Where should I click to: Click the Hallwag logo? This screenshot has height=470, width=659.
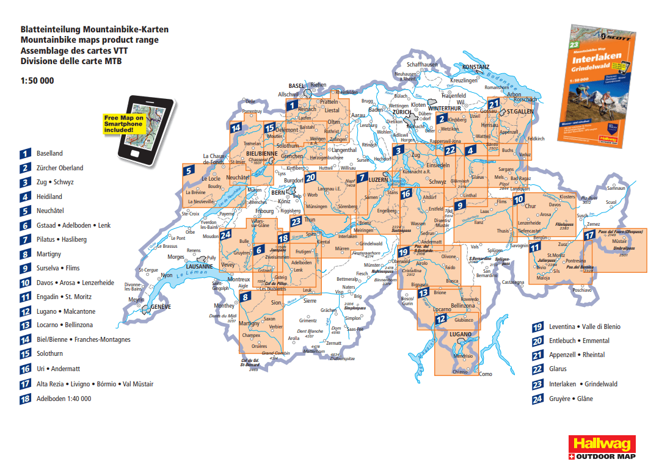pyautogui.click(x=602, y=443)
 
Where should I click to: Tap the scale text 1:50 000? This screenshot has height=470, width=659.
pyautogui.click(x=37, y=81)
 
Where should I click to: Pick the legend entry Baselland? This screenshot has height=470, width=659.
pyautogui.click(x=49, y=154)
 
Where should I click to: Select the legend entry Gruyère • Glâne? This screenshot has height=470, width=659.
pyautogui.click(x=570, y=399)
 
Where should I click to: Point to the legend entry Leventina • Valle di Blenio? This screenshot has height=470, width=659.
pyautogui.click(x=584, y=327)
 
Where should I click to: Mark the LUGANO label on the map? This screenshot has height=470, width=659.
pyautogui.click(x=461, y=334)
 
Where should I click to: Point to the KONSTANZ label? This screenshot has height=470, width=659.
pyautogui.click(x=475, y=67)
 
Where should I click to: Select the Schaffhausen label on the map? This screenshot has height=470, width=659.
pyautogui.click(x=422, y=64)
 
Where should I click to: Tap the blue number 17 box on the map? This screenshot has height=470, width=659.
pyautogui.click(x=589, y=235)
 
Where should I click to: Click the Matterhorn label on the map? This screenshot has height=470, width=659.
pyautogui.click(x=315, y=352)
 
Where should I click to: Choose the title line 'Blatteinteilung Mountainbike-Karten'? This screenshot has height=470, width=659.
pyautogui.click(x=94, y=29)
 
